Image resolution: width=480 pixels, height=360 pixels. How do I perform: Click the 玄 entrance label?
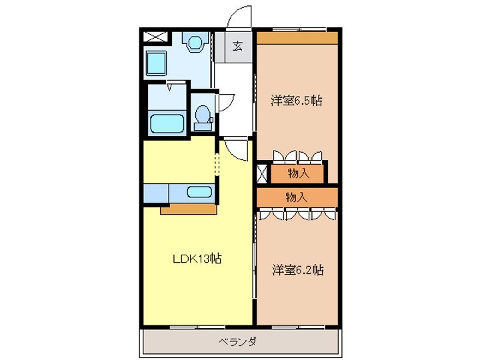[x=237, y=46]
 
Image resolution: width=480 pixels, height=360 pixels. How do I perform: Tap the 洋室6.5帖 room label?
[x=297, y=101]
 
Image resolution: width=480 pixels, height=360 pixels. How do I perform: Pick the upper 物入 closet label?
[x=298, y=173]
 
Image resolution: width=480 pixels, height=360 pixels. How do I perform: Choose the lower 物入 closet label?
[x=297, y=197]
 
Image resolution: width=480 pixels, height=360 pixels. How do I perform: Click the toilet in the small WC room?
[x=202, y=118]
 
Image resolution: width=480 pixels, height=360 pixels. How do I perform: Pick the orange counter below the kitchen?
[x=189, y=209]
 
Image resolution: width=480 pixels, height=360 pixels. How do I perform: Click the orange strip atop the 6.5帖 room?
[x=297, y=38]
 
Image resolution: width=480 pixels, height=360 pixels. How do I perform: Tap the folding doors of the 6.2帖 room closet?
[x=297, y=215]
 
